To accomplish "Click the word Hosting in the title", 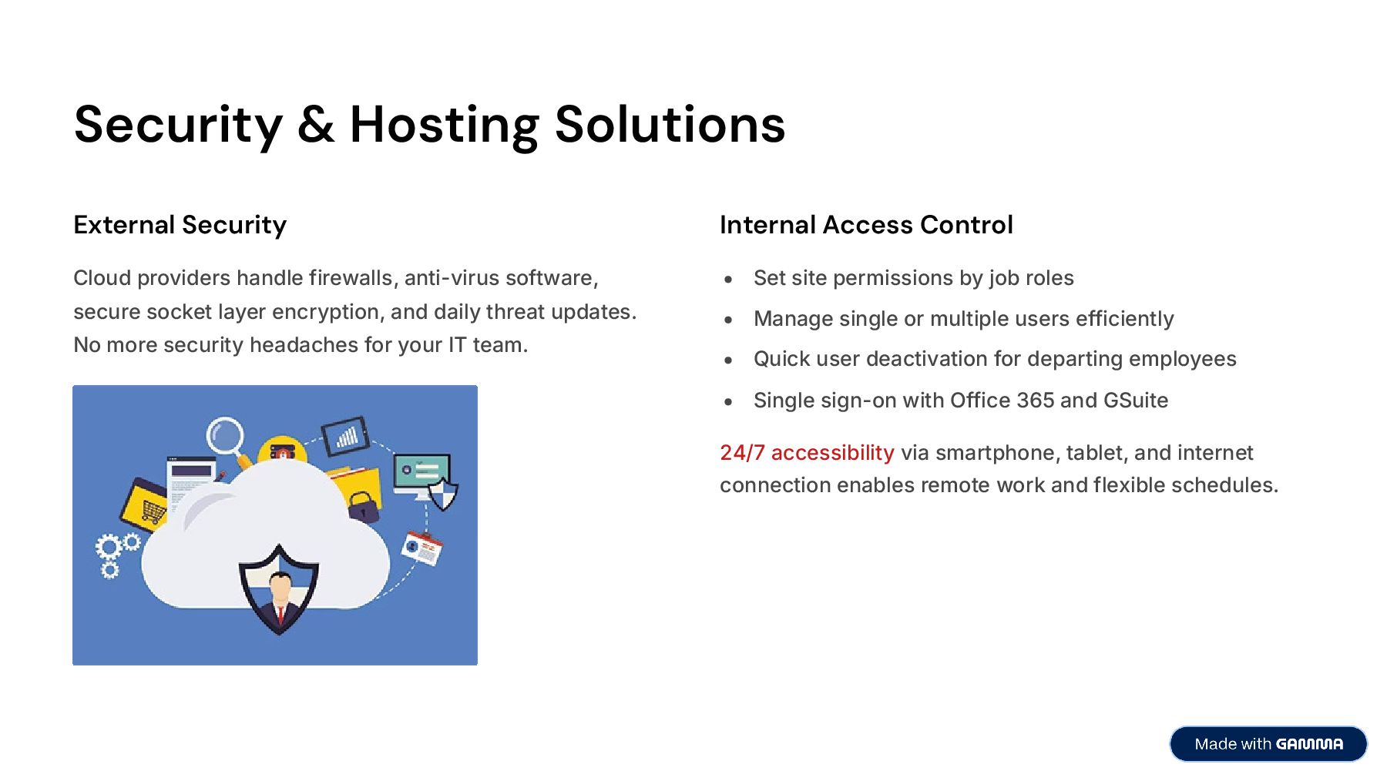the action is point(444,125).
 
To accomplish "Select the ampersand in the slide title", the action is point(316,125).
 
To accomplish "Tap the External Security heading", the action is point(180,225).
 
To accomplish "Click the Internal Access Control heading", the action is point(866,225).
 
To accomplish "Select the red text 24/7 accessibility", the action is point(807,453).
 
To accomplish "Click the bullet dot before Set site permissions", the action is point(728,280).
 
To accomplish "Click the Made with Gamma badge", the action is point(1268,744).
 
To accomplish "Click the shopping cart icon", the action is point(152,509).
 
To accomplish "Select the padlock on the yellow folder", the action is point(363,507).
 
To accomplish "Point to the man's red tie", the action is point(280,615).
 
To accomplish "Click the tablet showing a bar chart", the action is point(345,437).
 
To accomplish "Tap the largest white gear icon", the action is point(107,548).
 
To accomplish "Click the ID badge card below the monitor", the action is point(422,548).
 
